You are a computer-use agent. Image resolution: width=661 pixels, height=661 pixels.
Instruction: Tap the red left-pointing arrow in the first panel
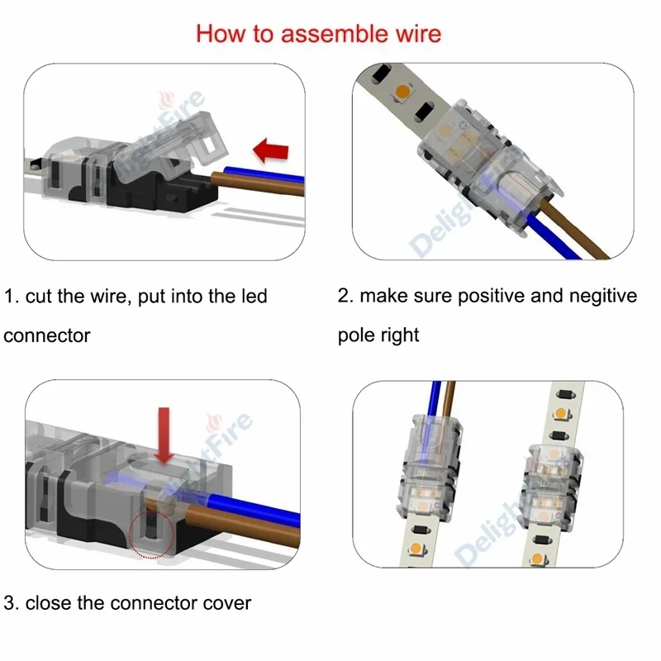click(272, 151)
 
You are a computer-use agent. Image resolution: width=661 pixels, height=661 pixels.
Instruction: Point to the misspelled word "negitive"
click(597, 296)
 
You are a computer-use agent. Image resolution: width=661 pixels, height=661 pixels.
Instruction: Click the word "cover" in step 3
click(225, 602)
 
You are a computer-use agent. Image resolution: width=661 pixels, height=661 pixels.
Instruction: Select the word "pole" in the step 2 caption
click(357, 335)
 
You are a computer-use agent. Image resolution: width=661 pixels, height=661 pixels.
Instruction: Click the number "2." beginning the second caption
click(345, 296)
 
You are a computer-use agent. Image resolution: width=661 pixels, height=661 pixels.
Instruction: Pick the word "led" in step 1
click(252, 297)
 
